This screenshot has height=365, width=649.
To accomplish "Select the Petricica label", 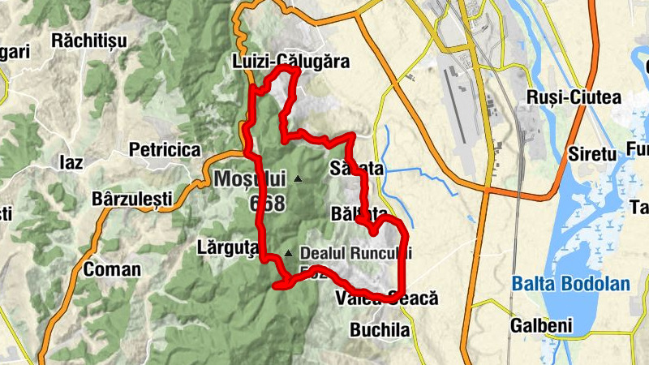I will click(x=165, y=150).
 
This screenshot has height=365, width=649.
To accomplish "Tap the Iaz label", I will click(x=71, y=162).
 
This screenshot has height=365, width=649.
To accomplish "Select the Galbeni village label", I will click(x=541, y=325).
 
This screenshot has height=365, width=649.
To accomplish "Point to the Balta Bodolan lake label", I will click(x=559, y=284).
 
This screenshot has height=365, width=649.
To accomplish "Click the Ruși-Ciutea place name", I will click(x=574, y=98).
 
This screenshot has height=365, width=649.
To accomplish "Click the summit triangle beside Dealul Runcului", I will click(x=288, y=253).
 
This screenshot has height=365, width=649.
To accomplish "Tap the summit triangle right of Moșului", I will click(x=299, y=178).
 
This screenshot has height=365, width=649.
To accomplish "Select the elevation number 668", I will click(x=268, y=202).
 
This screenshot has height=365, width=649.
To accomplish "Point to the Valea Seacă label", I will click(x=387, y=299).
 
